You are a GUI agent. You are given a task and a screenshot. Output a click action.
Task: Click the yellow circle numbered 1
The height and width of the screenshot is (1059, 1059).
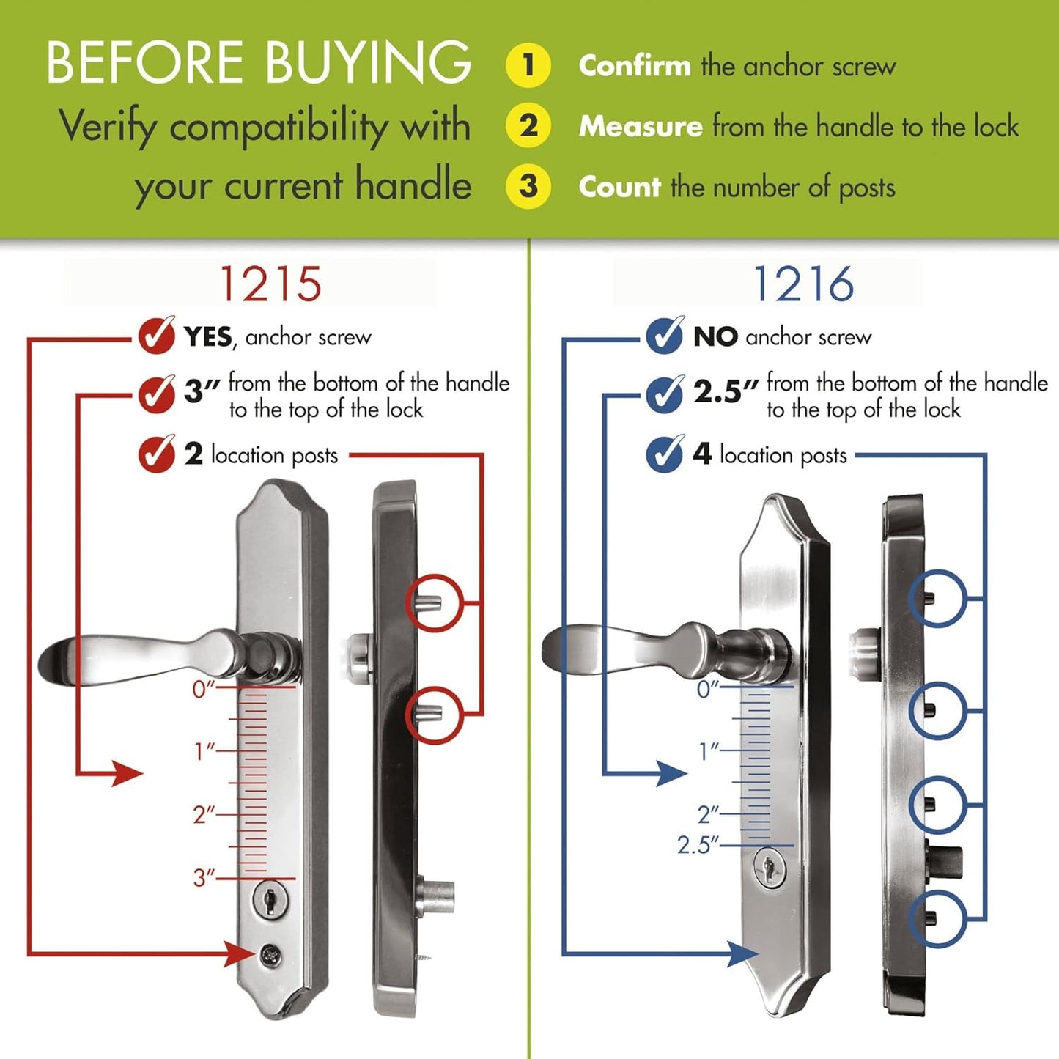528,65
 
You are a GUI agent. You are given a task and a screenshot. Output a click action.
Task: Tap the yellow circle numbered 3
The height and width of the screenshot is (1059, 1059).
528,186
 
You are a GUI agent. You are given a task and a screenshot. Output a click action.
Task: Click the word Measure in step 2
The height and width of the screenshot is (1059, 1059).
641,127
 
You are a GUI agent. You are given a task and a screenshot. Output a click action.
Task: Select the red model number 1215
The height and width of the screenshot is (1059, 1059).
270,284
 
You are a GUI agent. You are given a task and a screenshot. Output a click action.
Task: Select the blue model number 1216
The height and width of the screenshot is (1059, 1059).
803,284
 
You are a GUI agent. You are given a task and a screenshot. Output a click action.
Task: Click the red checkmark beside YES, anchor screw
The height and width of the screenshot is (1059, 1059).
156,336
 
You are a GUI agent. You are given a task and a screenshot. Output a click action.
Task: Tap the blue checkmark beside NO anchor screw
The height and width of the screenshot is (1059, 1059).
665,336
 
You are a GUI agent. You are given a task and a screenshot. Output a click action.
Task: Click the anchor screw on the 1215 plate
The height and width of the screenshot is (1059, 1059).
269,953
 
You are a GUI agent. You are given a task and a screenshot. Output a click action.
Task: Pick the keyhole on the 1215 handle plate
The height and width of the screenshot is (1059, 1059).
270,899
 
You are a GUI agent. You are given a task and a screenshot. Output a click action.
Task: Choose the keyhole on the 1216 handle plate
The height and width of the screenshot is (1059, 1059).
769,868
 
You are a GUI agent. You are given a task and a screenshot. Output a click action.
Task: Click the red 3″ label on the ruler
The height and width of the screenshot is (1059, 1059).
204,877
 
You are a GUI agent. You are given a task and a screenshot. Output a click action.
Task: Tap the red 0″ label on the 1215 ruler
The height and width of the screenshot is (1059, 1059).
204,689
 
